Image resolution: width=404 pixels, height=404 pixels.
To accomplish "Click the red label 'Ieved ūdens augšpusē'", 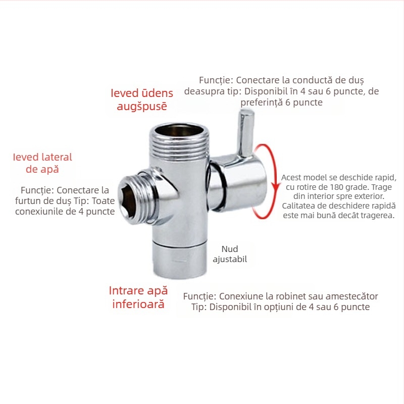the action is [142, 99].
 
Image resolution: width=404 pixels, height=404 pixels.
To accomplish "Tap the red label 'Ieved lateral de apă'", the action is [42, 163].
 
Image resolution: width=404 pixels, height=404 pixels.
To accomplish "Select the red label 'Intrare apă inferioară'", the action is [138, 297].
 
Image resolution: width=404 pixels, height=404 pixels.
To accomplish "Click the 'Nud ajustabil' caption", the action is [230, 254].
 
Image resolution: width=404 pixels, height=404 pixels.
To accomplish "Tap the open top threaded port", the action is [180, 130].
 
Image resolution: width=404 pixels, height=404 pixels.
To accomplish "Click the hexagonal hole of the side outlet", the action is [127, 200].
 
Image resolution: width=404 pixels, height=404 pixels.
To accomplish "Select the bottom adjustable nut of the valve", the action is [180, 260].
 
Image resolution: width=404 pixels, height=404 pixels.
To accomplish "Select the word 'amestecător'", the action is [351, 296].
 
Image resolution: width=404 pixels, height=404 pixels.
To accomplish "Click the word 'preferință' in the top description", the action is [262, 103].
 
